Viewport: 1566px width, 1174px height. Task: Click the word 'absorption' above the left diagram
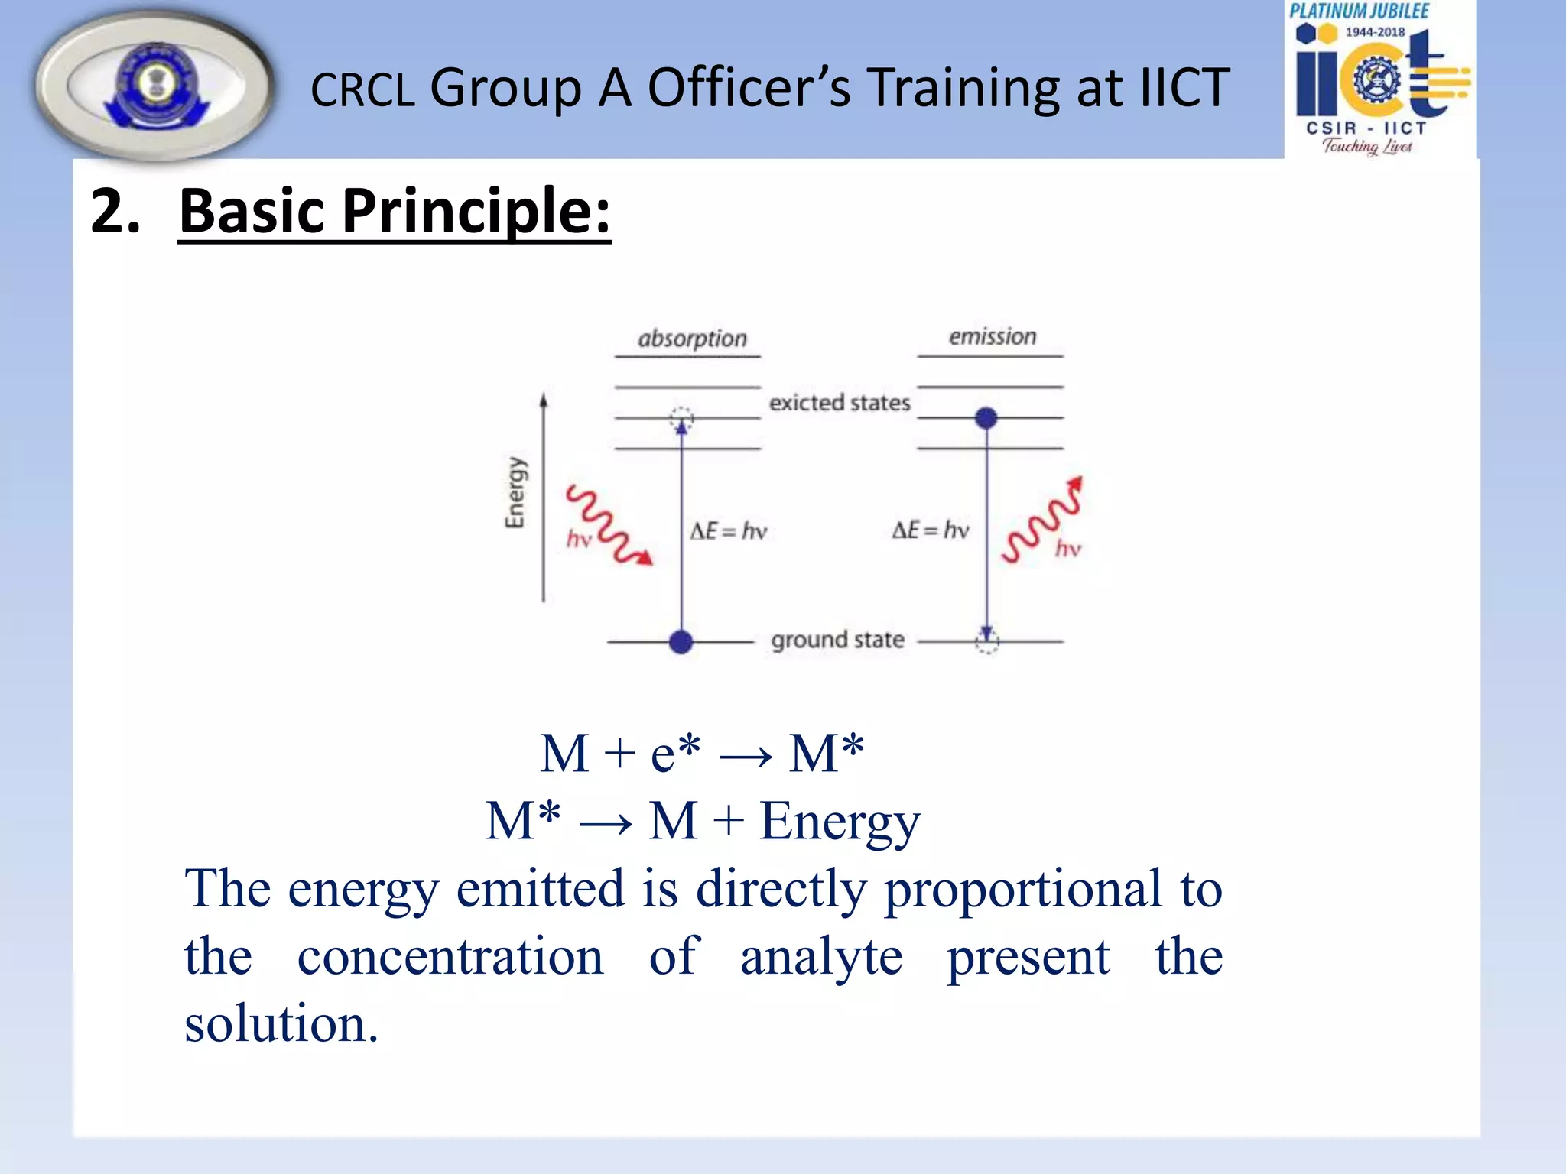(x=692, y=339)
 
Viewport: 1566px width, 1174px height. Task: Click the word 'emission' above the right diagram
(x=993, y=337)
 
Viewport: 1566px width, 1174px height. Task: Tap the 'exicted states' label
(x=840, y=403)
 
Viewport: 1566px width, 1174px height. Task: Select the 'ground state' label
(x=837, y=640)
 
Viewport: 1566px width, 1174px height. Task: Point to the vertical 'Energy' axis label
(x=515, y=492)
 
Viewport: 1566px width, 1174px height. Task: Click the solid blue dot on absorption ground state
(x=681, y=642)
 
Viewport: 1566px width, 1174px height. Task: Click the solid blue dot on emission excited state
(x=986, y=418)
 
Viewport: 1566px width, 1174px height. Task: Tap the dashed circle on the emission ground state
(x=987, y=642)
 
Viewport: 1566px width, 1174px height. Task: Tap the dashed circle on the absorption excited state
(x=681, y=418)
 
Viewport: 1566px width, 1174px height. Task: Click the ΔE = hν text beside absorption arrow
(x=728, y=531)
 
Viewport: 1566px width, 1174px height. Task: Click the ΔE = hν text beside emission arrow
(x=931, y=530)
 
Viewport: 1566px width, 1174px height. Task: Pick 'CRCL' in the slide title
(x=362, y=90)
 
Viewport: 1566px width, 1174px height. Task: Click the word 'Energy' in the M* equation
(x=840, y=822)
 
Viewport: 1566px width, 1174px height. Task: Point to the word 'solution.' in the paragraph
(x=281, y=1024)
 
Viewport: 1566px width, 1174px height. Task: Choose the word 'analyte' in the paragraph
(x=821, y=957)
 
